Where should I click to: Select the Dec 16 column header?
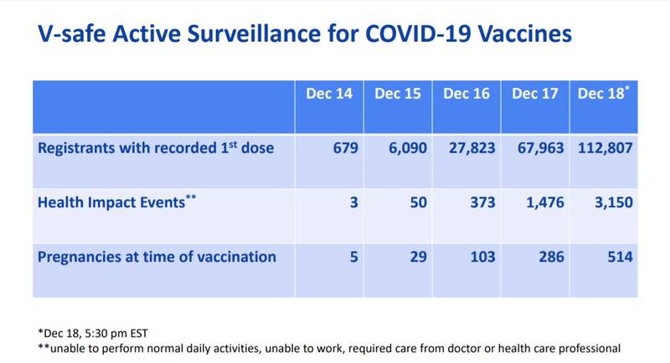click(466, 94)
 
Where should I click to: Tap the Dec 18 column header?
click(601, 94)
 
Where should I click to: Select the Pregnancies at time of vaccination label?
click(157, 257)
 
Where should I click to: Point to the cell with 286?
click(550, 257)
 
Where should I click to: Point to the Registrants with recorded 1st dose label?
click(156, 149)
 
